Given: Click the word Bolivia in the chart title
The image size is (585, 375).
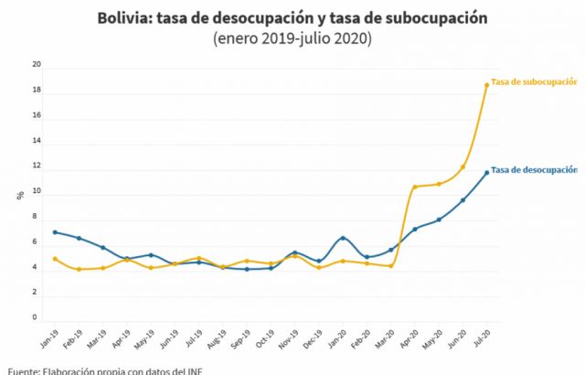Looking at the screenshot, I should click(x=124, y=18).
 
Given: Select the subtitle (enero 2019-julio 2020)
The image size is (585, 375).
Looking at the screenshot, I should click(x=292, y=38).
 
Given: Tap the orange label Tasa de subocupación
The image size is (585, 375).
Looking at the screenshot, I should click(x=534, y=82).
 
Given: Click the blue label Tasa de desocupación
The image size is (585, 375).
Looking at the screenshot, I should click(x=534, y=169).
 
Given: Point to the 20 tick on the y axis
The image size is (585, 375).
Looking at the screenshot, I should click(x=36, y=65).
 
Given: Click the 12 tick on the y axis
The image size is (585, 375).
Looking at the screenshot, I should click(x=36, y=166).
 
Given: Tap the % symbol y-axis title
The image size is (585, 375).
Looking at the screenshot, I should click(x=18, y=194).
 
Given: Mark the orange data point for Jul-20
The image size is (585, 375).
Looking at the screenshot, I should click(x=487, y=85).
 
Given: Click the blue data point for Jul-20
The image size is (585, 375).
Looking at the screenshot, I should click(x=487, y=173).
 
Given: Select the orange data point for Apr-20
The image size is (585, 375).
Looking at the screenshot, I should click(x=414, y=187).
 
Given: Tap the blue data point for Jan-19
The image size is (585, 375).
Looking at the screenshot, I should click(x=56, y=232).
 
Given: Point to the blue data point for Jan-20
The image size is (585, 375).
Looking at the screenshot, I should click(x=343, y=238).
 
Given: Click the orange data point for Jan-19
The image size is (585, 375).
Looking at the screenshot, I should click(x=56, y=259).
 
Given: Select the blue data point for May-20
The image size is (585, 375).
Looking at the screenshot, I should click(x=439, y=220).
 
